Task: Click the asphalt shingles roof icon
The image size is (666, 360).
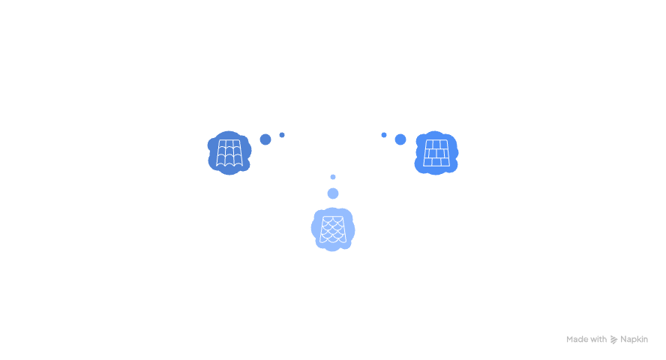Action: pyautogui.click(x=229, y=152)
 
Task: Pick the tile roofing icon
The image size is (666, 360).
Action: pyautogui.click(x=436, y=152)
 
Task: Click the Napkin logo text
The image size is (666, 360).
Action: pyautogui.click(x=634, y=339)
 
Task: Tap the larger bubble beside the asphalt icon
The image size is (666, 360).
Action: pyautogui.click(x=265, y=139)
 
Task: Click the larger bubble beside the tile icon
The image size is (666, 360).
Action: pyautogui.click(x=400, y=139)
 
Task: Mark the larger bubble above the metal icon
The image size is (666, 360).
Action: pyautogui.click(x=332, y=193)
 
